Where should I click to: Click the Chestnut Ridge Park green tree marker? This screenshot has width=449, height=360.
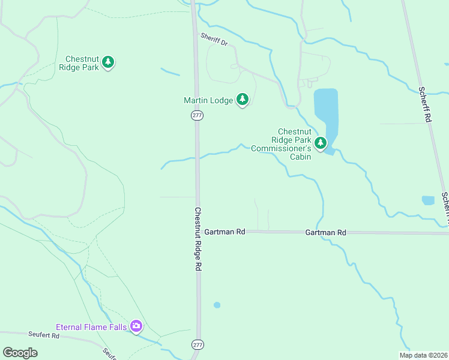click(x=108, y=62)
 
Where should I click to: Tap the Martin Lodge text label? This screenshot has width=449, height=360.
click(x=208, y=101)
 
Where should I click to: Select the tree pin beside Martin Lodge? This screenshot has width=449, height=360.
click(x=242, y=99)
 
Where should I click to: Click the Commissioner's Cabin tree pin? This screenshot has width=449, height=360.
click(x=321, y=143)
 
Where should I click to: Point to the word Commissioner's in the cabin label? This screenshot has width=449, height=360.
click(x=281, y=148)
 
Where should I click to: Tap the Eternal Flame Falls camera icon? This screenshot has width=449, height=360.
click(x=136, y=326)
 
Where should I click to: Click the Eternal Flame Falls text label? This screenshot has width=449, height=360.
click(x=91, y=327)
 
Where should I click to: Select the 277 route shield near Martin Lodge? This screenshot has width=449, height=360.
click(x=197, y=115)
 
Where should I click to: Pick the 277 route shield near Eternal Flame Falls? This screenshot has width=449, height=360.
click(x=197, y=344)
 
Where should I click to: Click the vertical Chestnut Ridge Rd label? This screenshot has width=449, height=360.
click(x=197, y=239)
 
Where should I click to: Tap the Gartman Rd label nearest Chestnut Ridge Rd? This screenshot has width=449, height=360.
click(x=224, y=232)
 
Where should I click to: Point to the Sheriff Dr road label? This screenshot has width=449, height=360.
click(x=214, y=40)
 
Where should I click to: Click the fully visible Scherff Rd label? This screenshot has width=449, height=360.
click(x=424, y=104)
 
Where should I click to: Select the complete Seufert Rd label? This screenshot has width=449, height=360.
click(x=43, y=335)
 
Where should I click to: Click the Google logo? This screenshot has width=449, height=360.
click(x=20, y=353)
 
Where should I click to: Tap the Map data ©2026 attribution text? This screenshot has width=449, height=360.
click(x=423, y=355)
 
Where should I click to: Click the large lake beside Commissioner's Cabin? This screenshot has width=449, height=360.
click(x=326, y=114)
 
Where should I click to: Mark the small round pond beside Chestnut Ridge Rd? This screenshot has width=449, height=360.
click(x=217, y=305)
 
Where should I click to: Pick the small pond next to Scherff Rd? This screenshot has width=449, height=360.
click(x=428, y=200)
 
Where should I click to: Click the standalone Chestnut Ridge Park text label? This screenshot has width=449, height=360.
click(x=82, y=63)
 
